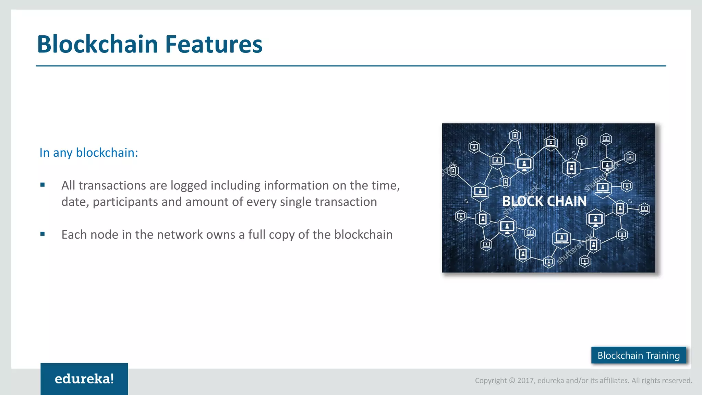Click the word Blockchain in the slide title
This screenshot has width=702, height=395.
coord(97,45)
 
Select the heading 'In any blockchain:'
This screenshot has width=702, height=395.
coord(88,153)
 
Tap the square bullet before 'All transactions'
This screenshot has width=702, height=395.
coord(43,185)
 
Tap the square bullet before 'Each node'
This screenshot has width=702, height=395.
coord(43,234)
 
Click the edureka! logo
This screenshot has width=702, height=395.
coord(84,379)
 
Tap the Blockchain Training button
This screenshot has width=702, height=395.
coord(639,355)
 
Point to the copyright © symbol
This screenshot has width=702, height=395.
coord(512,381)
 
